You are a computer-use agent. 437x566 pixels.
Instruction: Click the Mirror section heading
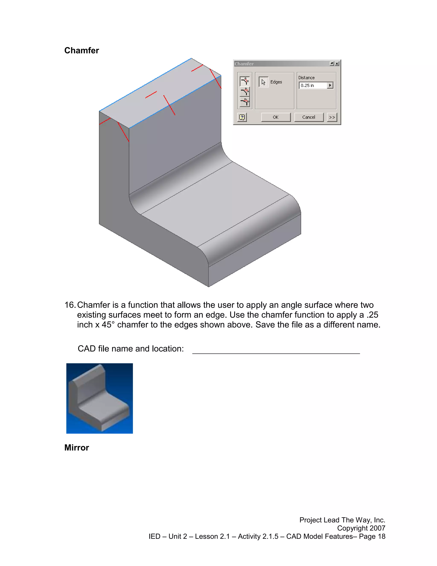tap(77, 447)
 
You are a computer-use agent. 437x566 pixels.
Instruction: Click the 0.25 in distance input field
tap(313, 85)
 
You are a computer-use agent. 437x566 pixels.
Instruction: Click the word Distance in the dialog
tap(306, 78)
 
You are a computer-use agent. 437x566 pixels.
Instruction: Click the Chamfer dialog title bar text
tap(244, 64)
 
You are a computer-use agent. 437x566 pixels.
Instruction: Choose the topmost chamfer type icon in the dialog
tap(245, 81)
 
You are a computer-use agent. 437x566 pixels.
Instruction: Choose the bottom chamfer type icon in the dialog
tap(245, 102)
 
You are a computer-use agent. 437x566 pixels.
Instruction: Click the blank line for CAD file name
tap(276, 351)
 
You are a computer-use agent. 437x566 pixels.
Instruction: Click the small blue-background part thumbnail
tap(99, 398)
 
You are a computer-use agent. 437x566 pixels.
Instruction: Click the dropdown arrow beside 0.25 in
tap(330, 85)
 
